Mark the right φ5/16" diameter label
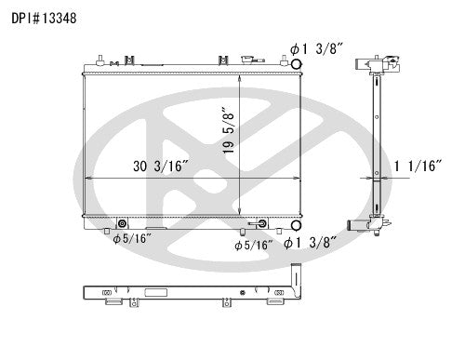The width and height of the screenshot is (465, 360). (x=254, y=245)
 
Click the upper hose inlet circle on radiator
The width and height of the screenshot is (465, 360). (x=297, y=65)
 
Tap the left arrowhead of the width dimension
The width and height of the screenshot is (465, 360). (x=87, y=177)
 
